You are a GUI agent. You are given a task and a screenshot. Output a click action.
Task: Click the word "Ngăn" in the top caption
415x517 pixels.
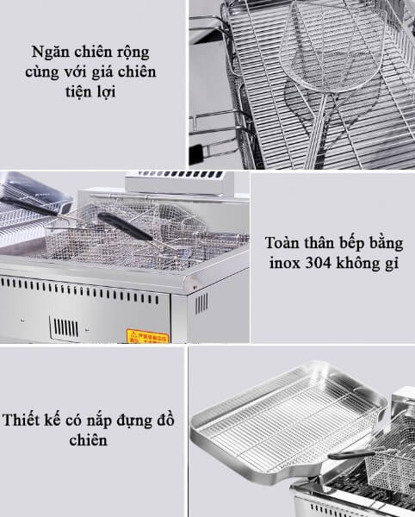point(46,50)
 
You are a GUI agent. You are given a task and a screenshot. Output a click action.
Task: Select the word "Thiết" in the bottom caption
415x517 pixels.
point(24,420)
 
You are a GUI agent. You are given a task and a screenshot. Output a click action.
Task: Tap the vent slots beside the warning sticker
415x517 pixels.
point(65,327)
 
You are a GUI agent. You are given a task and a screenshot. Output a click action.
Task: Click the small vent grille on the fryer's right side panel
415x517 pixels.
point(201,303)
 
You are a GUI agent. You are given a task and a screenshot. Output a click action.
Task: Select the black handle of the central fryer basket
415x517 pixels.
point(125,226)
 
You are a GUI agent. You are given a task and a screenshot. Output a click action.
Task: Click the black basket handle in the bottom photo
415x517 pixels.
point(349,450)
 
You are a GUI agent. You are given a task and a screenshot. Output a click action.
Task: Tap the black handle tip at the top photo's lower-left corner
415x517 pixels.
point(199,155)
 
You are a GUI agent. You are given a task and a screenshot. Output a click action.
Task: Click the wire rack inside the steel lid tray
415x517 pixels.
point(283,419)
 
